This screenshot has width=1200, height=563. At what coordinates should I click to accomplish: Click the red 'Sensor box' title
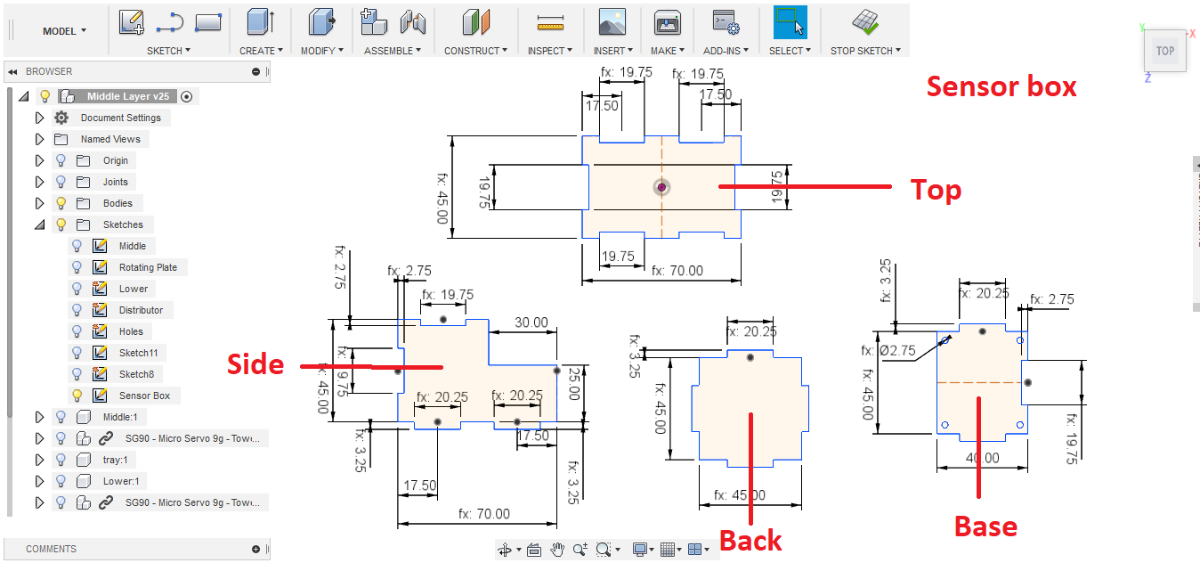pyautogui.click(x=1001, y=86)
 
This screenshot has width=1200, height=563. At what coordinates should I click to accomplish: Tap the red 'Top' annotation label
pyautogui.click(x=935, y=190)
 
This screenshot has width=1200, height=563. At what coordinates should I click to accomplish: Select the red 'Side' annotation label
pyautogui.click(x=255, y=363)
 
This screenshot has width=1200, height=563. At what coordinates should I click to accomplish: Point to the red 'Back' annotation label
pyautogui.click(x=750, y=540)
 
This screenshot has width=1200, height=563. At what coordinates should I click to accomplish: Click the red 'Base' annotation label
pyautogui.click(x=985, y=526)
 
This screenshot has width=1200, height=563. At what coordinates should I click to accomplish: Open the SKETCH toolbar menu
pyautogui.click(x=169, y=51)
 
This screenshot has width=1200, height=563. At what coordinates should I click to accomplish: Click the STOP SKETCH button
pyautogui.click(x=864, y=51)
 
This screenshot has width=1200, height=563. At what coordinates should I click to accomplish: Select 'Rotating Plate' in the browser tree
pyautogui.click(x=148, y=267)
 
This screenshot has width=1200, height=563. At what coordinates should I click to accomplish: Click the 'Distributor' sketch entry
pyautogui.click(x=141, y=310)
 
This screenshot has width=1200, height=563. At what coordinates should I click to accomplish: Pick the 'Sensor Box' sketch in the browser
pyautogui.click(x=144, y=396)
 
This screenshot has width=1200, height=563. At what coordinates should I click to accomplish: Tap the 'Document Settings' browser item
pyautogui.click(x=120, y=118)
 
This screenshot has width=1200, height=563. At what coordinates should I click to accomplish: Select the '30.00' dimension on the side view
pyautogui.click(x=531, y=322)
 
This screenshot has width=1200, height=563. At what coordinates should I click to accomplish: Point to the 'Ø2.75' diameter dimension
pyautogui.click(x=898, y=351)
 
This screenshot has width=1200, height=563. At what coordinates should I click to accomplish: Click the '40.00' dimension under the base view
pyautogui.click(x=981, y=458)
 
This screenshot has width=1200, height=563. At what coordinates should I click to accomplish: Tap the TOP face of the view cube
pyautogui.click(x=1164, y=52)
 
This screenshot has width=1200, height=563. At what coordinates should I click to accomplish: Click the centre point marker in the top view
pyautogui.click(x=661, y=187)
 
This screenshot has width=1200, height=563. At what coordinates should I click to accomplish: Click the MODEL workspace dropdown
pyautogui.click(x=64, y=31)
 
